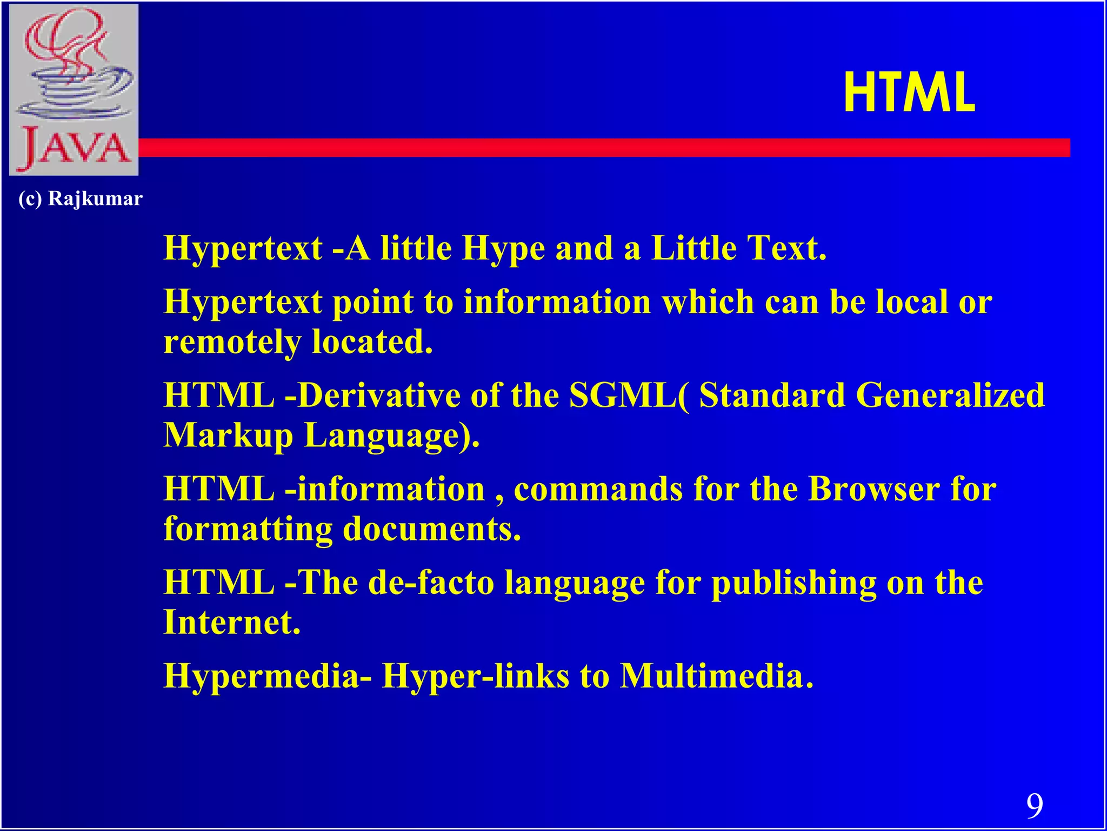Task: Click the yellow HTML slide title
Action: (909, 94)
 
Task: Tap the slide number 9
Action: (1035, 806)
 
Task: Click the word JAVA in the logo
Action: (75, 148)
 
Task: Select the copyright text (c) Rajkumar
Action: (81, 199)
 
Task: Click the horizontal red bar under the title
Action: (604, 148)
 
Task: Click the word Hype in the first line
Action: (503, 249)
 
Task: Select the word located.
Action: (372, 342)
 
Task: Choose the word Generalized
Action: (950, 395)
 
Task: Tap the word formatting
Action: (248, 529)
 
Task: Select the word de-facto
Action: (431, 583)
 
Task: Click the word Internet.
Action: (232, 622)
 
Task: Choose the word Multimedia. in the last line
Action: (716, 676)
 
